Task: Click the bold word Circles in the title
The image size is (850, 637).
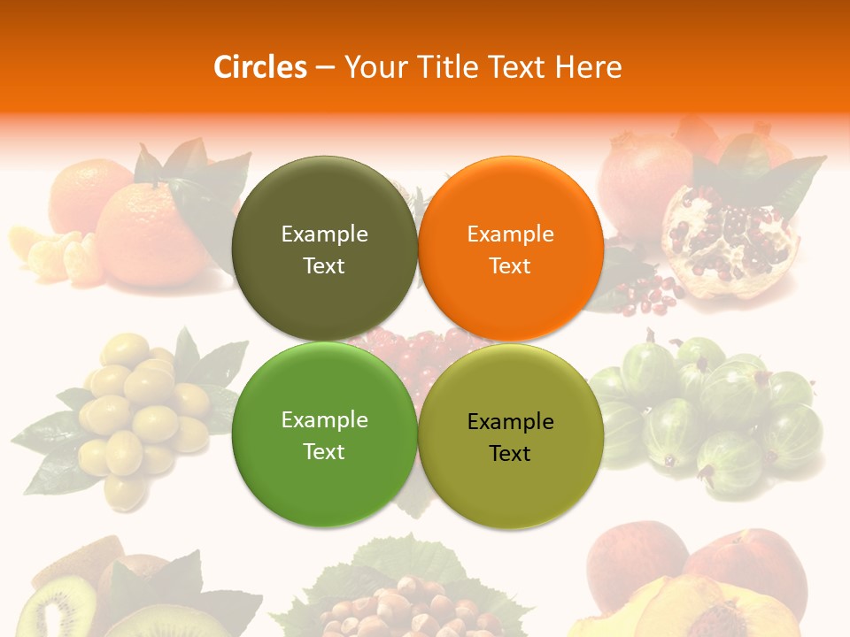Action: coord(260,67)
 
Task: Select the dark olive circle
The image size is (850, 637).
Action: coord(324,249)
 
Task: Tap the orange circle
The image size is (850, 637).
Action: coord(511,249)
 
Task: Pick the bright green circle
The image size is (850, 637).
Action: coord(324,434)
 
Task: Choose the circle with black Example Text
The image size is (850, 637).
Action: coord(511,436)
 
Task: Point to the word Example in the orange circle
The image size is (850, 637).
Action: coord(511,234)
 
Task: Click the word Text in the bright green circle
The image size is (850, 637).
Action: coord(324,451)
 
